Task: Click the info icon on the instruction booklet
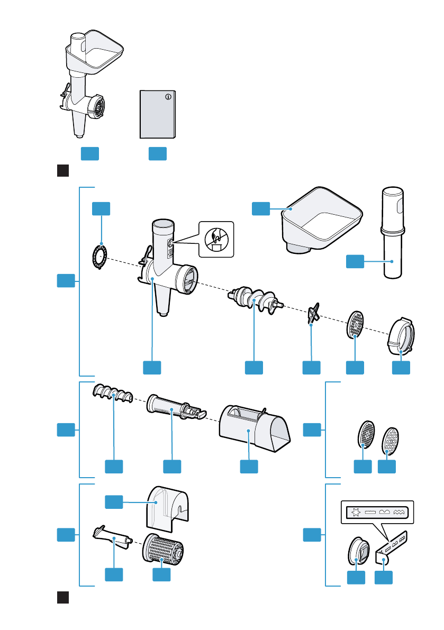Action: click(x=168, y=97)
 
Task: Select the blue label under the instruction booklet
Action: click(x=158, y=153)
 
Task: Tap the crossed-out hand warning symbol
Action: click(x=215, y=239)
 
